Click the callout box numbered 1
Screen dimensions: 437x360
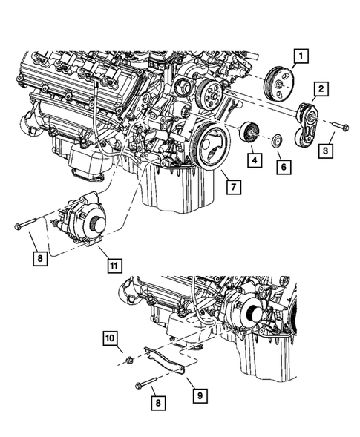click(301, 54)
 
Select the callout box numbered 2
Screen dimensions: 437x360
click(321, 90)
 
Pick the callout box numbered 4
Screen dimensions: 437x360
click(253, 159)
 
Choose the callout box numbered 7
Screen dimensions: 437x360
click(232, 187)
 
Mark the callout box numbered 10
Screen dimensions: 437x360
click(109, 340)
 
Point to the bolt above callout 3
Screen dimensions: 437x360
click(338, 125)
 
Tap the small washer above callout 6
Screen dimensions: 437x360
click(276, 139)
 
